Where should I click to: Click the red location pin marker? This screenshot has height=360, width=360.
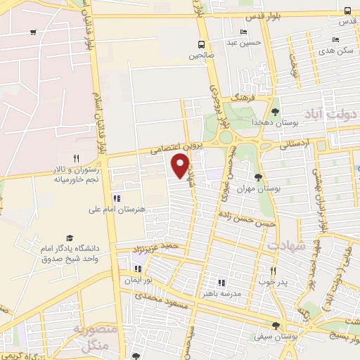181,166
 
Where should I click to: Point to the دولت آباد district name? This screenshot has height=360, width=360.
330,112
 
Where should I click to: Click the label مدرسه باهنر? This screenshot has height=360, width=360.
222,292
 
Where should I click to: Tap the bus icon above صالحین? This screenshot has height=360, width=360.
202,42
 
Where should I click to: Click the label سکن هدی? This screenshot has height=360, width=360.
335,51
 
